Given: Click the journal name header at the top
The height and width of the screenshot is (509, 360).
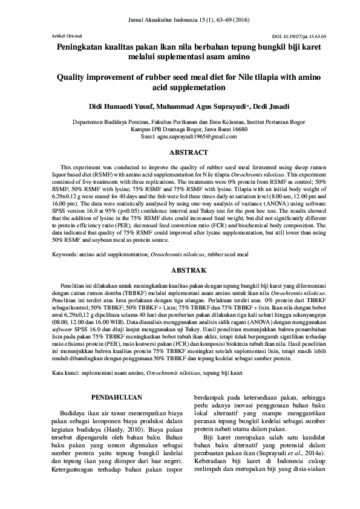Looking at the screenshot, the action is tap(180, 21).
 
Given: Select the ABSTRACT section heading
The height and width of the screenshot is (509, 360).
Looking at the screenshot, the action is tap(180, 152).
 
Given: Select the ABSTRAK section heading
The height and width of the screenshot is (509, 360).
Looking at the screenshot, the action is tap(180, 270).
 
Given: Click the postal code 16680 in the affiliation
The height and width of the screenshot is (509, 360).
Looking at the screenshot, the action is tap(238, 129).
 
